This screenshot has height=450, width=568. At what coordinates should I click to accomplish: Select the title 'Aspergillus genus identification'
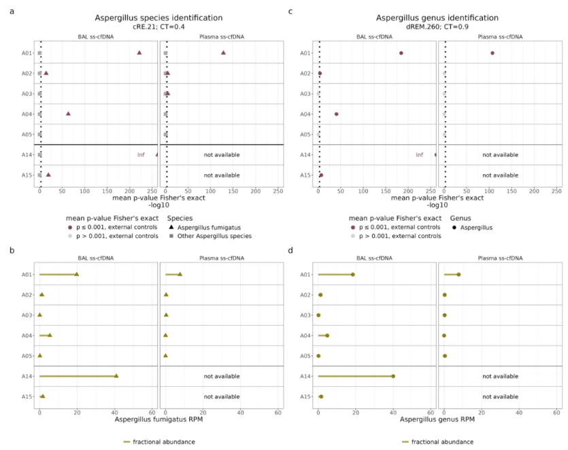[440, 18]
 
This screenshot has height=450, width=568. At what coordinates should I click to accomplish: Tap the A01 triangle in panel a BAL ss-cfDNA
[139, 52]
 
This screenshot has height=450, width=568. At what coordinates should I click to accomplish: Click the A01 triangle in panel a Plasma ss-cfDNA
[223, 52]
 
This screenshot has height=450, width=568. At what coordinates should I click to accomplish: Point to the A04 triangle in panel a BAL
[68, 114]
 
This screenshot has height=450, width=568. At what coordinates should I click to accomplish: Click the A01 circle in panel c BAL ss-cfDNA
[401, 53]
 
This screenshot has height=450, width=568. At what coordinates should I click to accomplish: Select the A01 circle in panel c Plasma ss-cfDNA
[492, 53]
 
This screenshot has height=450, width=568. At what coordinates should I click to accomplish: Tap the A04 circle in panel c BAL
[337, 114]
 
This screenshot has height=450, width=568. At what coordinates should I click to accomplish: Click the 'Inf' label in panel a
[141, 155]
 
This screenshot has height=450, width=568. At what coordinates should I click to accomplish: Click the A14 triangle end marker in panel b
[116, 376]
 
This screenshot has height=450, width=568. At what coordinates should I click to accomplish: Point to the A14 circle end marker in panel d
[393, 376]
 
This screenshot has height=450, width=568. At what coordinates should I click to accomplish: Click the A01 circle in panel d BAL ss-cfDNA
[353, 275]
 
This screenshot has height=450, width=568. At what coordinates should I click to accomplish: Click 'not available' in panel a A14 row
[222, 155]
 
